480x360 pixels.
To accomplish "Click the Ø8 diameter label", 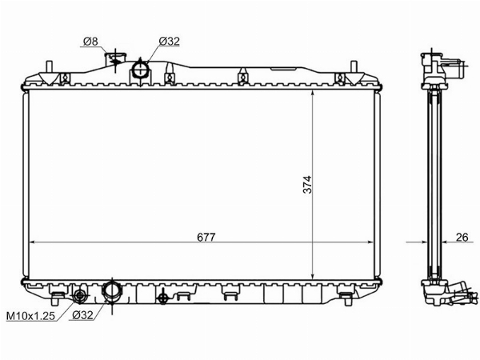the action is pos(90,41).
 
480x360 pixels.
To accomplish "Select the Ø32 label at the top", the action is pos(170,41).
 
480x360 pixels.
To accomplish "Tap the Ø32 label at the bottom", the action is pos(82,314).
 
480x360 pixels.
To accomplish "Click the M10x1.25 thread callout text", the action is pos(30,315).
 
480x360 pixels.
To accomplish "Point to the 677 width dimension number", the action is pos(206,237).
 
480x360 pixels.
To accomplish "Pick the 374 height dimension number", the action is pos(307,184).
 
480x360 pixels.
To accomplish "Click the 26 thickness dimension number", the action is pos(462,237).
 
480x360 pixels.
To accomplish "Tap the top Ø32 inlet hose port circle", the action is pos(141,70).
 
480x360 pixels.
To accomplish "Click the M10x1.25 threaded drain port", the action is pos(80,295).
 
